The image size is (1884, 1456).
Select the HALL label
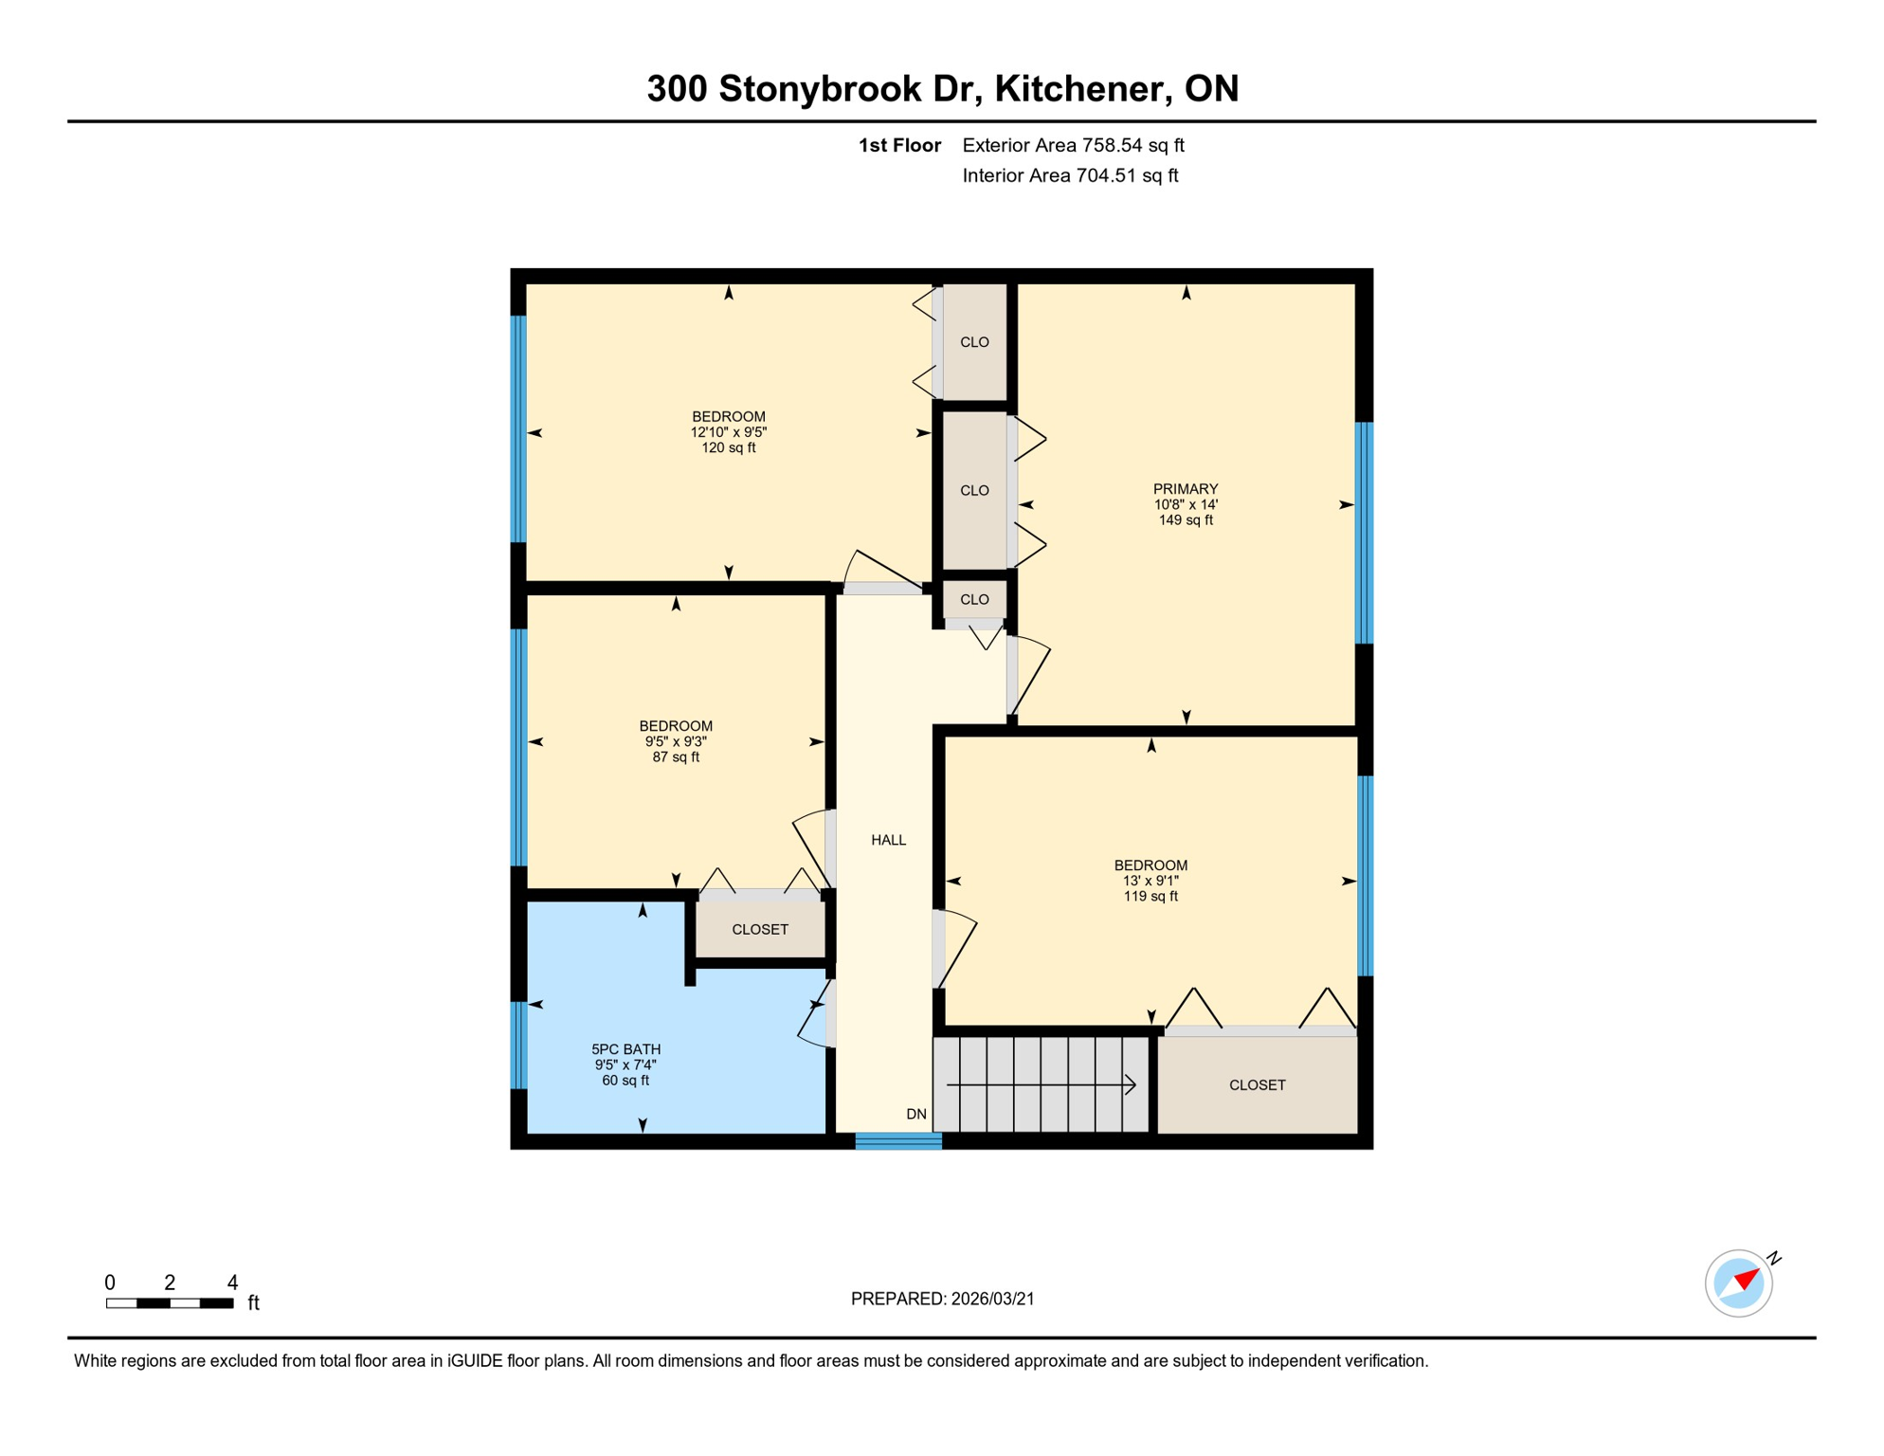pos(888,840)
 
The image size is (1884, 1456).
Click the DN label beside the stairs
pos(915,1114)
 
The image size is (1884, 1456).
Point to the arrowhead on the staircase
pos(1130,1084)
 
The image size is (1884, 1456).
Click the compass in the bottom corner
pos(1738,1283)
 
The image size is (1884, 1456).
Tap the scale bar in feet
pos(170,1303)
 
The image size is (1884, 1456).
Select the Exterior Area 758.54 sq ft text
pos(1073,145)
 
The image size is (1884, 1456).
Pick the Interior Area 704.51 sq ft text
pos(1070,175)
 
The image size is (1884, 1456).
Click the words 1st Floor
pos(898,145)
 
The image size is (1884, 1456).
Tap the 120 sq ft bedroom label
pos(728,432)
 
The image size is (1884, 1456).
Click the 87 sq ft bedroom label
pos(675,741)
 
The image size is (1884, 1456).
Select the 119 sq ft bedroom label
pos(1150,881)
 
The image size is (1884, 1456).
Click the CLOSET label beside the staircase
pos(1257,1085)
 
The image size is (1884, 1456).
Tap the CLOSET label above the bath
pos(759,930)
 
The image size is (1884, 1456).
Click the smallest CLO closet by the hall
pos(974,600)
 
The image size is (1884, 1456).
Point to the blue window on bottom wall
pos(898,1141)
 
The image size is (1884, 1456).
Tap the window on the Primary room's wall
pos(1364,533)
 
